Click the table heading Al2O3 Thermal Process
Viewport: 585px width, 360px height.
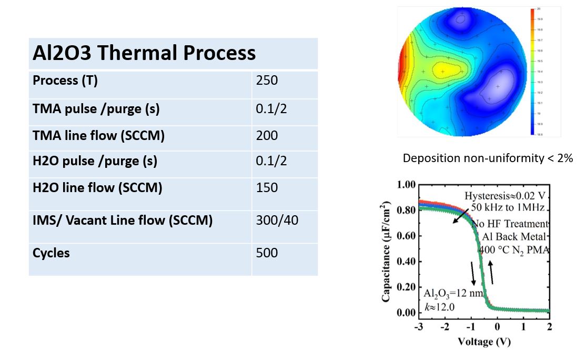point(144,53)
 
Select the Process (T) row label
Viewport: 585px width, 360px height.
point(65,81)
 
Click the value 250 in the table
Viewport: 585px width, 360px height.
point(266,81)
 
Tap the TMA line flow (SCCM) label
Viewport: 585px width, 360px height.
point(98,136)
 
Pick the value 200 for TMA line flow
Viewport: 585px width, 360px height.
point(266,136)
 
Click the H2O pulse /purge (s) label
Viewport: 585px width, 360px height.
point(95,161)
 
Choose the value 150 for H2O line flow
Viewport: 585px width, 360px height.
point(266,187)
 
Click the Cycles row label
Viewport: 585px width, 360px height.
point(51,253)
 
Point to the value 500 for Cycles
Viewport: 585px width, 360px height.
point(266,253)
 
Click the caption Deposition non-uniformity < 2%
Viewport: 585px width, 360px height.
point(488,158)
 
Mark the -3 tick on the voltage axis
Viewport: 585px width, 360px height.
point(418,326)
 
